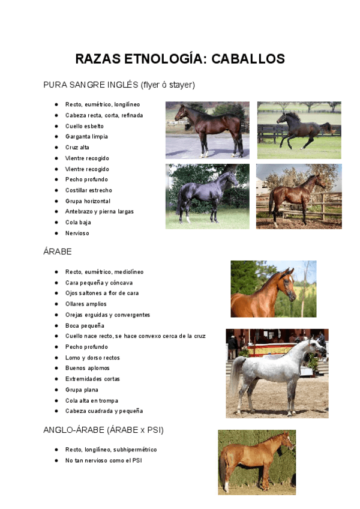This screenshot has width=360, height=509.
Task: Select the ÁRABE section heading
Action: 58,251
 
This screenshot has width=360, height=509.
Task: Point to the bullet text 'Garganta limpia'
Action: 86,137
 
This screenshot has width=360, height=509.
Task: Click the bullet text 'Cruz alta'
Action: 77,148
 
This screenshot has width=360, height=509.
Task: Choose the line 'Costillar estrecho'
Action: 88,190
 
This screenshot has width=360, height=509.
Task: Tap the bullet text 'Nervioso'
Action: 77,233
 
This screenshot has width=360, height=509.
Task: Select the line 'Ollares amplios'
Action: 86,304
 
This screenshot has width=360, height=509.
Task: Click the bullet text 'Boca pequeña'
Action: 85,325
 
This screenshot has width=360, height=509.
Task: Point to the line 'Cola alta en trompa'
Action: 91,400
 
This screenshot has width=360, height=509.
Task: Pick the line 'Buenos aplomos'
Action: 87,368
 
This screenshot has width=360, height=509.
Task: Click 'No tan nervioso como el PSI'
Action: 103,460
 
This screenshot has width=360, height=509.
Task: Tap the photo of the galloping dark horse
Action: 299,130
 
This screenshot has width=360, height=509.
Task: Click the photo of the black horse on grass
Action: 207,196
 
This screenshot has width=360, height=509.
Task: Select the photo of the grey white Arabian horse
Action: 277,373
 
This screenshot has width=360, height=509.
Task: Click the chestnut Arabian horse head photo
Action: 273,289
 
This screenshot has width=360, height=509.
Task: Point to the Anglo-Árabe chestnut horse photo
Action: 256,462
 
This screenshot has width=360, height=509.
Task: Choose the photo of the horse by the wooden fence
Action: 298,196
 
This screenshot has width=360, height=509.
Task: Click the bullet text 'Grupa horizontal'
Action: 88,201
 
